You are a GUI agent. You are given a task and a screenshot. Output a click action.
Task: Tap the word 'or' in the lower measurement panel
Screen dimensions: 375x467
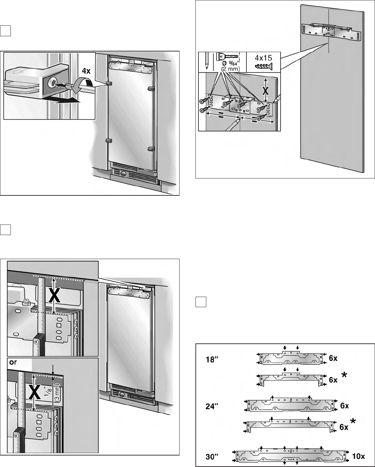point(13,362)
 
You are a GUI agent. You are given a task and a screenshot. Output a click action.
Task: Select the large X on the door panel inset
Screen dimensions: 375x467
point(266,90)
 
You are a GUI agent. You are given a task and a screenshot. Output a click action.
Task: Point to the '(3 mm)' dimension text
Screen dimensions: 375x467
point(58,393)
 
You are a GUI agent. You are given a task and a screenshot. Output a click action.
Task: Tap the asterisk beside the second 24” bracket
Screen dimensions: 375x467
point(353,422)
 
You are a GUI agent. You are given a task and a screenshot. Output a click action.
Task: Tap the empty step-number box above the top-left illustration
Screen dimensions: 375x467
point(6,30)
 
